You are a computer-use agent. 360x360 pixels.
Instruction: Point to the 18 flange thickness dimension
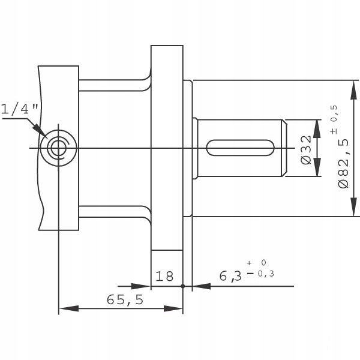164,277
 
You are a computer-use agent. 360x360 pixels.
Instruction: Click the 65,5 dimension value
125,299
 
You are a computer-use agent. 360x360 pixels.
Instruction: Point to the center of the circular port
58,146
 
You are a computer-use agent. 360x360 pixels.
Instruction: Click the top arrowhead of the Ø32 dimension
317,125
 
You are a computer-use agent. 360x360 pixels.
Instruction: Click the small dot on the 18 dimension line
182,287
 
